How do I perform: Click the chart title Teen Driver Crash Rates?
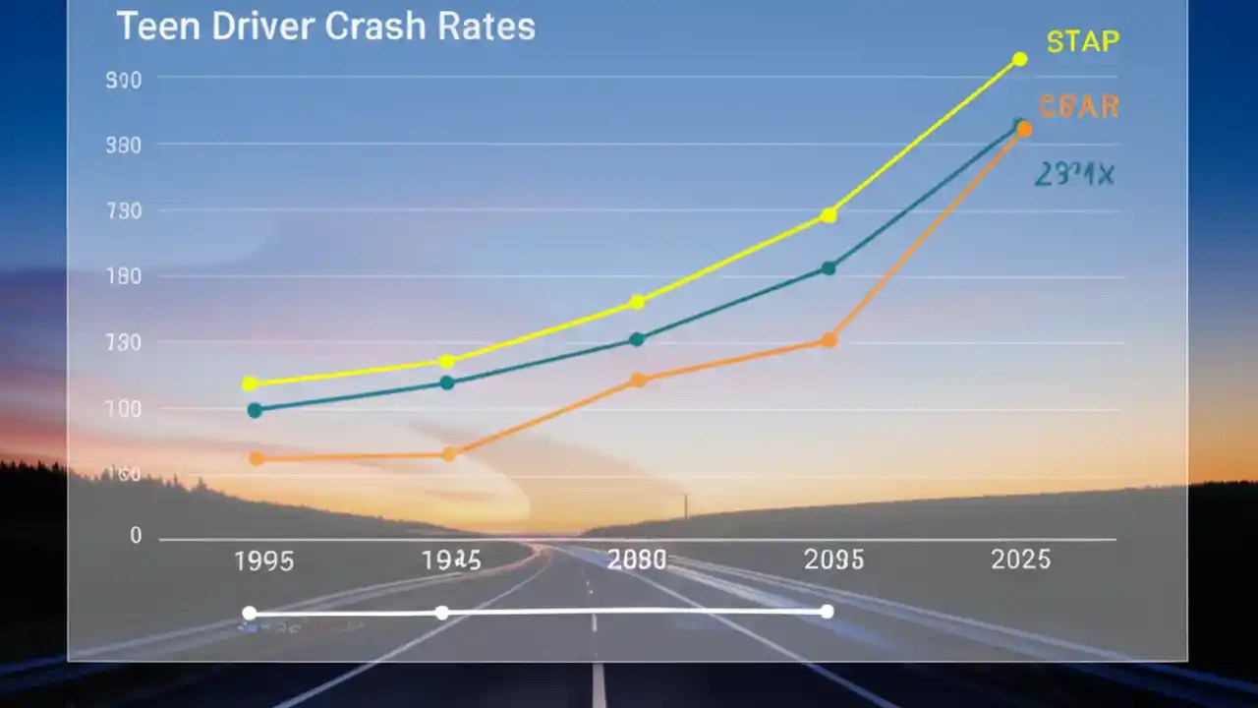coord(325,27)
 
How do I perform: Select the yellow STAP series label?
coord(1082,42)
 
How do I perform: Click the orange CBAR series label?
coord(1078,106)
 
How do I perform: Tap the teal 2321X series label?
coord(1073,175)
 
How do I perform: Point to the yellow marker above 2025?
coord(1019,60)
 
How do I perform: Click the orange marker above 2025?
coord(1024,130)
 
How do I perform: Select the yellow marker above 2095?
coord(829,214)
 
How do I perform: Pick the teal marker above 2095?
coord(829,267)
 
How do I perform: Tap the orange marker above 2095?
coord(829,340)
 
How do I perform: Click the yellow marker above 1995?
coord(250,383)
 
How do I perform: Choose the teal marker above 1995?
coord(255,410)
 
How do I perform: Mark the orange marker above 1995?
coord(257,458)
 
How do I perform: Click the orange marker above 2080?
coord(637,380)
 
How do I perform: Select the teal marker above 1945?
coord(447,383)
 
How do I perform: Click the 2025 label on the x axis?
coord(1020,560)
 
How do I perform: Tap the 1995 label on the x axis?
coord(263,561)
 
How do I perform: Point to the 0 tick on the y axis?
coord(136,536)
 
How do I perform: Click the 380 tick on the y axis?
coord(124,145)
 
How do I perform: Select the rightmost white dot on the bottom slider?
coord(827,612)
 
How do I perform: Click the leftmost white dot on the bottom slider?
coord(250,614)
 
